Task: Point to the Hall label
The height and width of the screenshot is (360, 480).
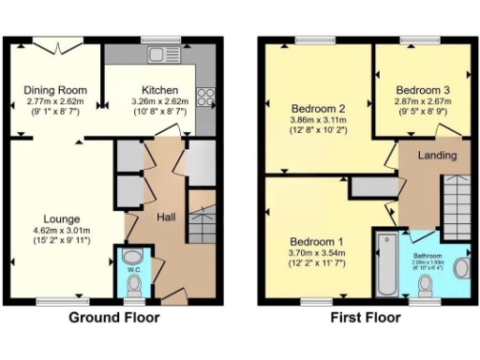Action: [165, 217]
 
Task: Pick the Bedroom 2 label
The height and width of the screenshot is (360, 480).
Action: [318, 107]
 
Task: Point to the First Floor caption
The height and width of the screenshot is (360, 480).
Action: [366, 318]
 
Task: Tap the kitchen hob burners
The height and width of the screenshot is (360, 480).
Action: [206, 97]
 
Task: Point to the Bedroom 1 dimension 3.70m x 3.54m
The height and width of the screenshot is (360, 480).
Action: [316, 251]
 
